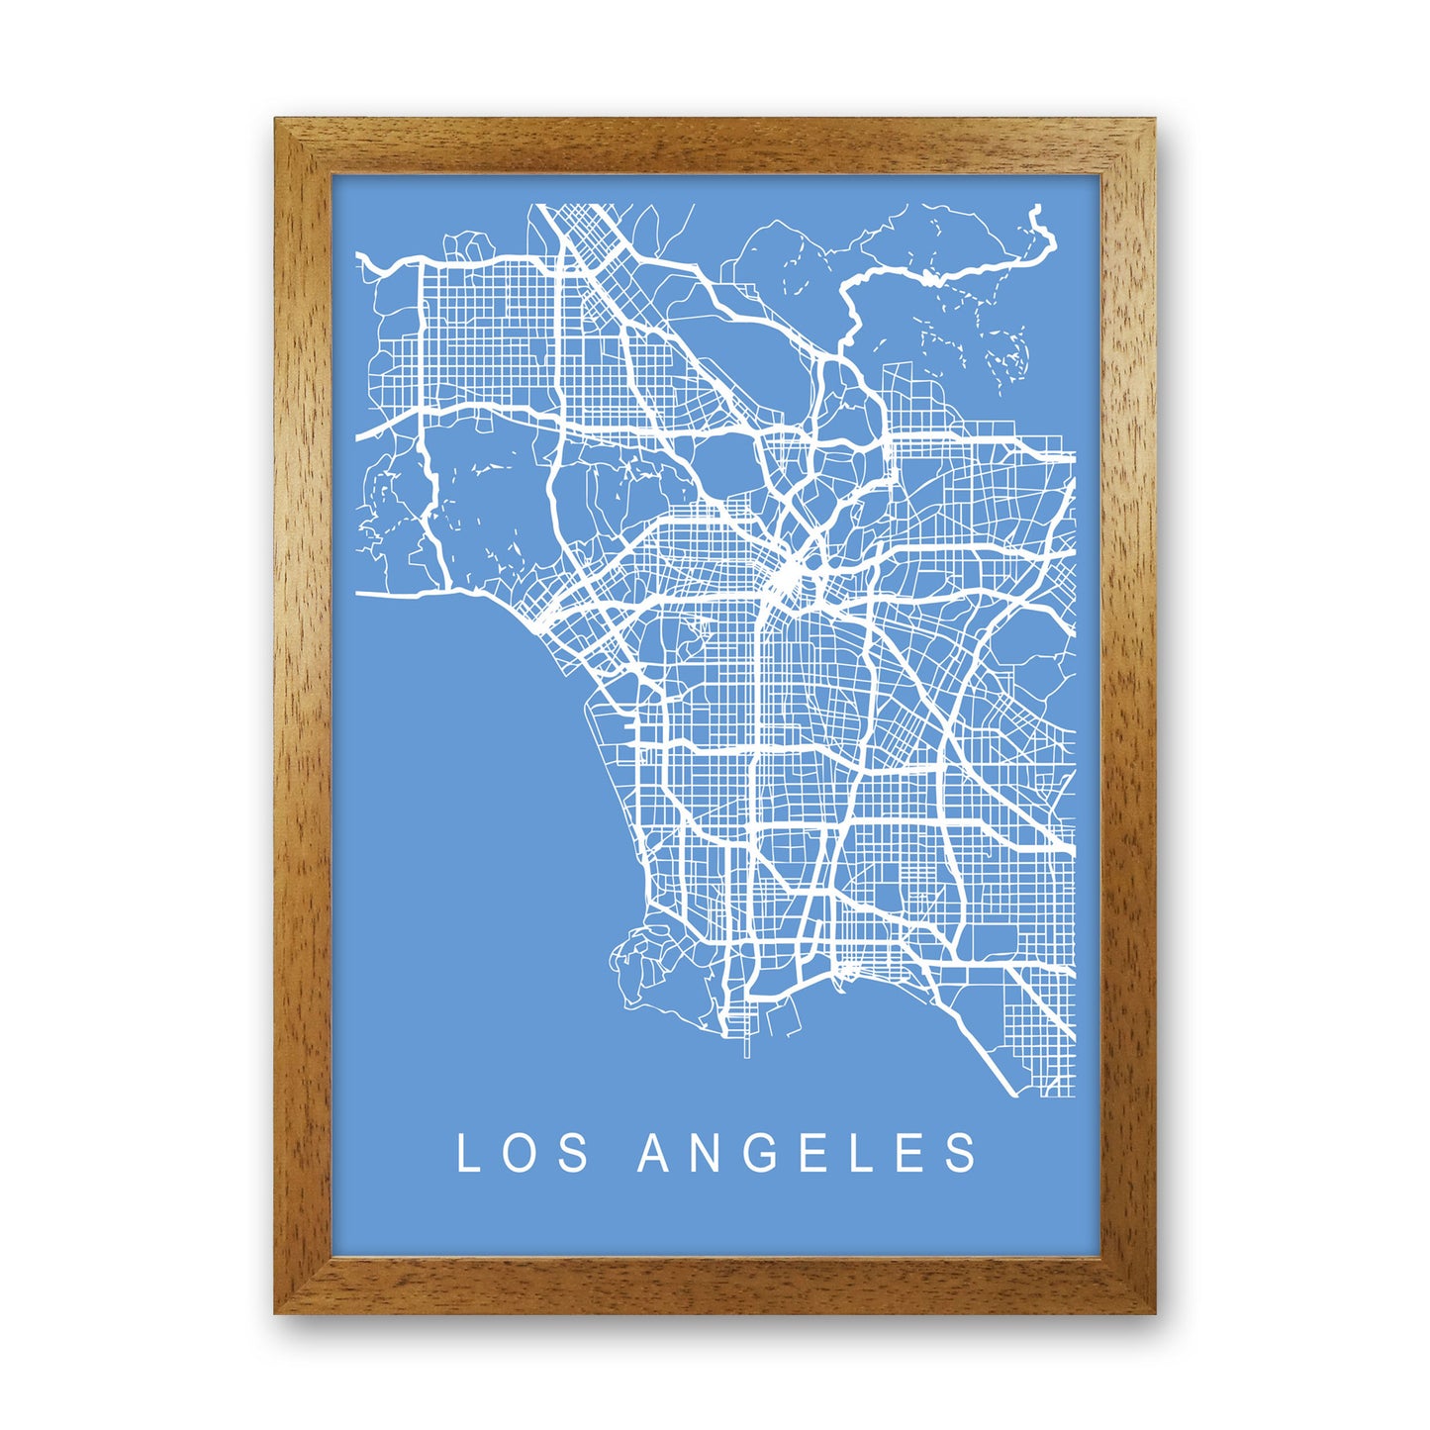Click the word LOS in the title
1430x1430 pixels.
tap(523, 1153)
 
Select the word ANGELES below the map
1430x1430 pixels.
tap(808, 1153)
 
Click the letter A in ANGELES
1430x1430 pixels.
tap(653, 1153)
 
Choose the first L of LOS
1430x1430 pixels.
tap(467, 1153)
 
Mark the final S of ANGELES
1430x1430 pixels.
tap(962, 1153)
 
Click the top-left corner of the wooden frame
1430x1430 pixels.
tap(277, 121)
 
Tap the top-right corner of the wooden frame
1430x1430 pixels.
tap(1153, 121)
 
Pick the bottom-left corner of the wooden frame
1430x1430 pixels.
tap(277, 1312)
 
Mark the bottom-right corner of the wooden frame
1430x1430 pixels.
tap(1153, 1312)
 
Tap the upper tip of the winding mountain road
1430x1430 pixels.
tap(1036, 209)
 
